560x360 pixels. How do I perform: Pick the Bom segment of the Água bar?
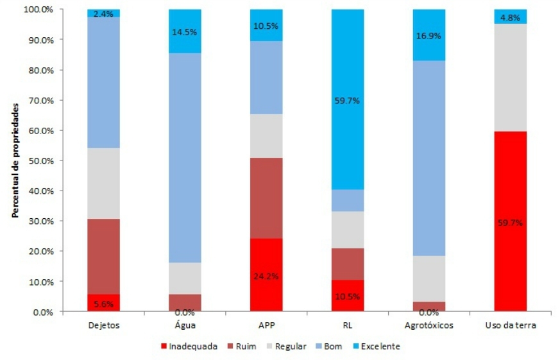(x=185, y=157)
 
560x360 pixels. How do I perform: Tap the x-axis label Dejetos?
(x=103, y=325)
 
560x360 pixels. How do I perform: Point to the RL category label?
(x=348, y=325)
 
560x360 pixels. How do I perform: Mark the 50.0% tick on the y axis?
(x=40, y=160)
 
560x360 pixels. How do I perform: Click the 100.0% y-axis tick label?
(x=38, y=10)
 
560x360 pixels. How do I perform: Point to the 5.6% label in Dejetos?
(x=103, y=305)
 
